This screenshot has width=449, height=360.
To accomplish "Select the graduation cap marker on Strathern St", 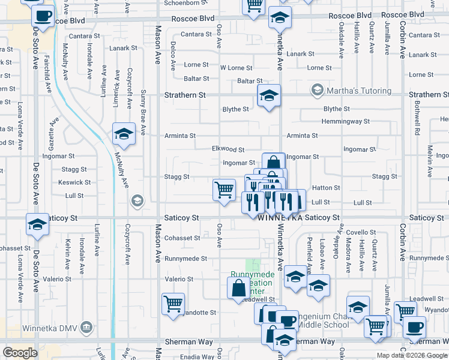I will (x=269, y=95).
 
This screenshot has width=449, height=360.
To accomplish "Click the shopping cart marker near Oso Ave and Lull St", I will (x=224, y=190).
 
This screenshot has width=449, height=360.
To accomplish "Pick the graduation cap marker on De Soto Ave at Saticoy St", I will (x=37, y=225).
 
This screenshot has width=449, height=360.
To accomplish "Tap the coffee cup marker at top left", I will (x=42, y=16).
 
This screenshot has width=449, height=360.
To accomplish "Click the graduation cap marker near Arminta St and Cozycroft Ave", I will (x=124, y=134).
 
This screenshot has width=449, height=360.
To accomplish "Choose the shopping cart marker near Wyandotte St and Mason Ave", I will (x=173, y=303).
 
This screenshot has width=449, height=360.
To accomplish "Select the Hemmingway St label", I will (x=345, y=121).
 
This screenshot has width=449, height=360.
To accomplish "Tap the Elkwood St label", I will (x=228, y=149).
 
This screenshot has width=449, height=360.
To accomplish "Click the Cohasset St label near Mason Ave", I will (x=182, y=238).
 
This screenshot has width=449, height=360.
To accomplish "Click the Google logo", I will (x=20, y=353).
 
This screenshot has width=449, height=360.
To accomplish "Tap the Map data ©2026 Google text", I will (x=412, y=355).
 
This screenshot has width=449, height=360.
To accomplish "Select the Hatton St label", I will (x=326, y=188).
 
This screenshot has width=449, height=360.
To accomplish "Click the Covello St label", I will (x=361, y=232).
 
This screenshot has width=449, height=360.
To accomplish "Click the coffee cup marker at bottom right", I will (x=414, y=327).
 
